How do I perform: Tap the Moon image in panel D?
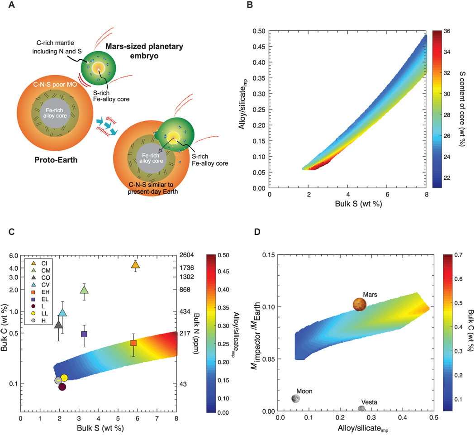[x=295, y=398]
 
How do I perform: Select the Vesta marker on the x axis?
[x=361, y=408]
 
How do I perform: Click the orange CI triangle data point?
[x=135, y=265]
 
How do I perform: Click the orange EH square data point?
[x=133, y=343]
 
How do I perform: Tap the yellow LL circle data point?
[x=64, y=378]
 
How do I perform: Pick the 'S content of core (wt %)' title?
[x=469, y=109]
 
